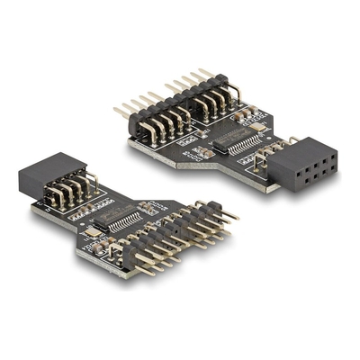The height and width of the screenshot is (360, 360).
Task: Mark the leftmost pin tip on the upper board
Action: point(116,111)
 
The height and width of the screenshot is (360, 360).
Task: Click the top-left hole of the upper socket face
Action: point(291,150)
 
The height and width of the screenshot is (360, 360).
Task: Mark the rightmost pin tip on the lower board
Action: point(238,215)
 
